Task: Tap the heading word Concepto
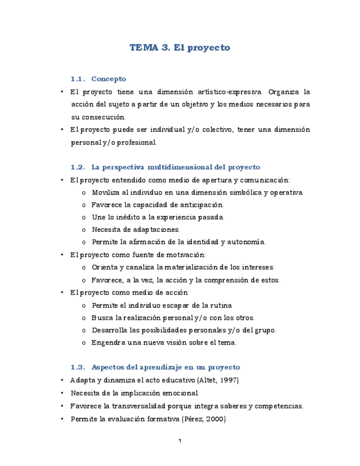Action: click(109, 79)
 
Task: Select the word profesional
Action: click(135, 142)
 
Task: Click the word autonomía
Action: click(246, 242)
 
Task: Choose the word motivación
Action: click(185, 254)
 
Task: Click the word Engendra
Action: click(108, 342)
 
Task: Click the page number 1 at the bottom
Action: click(180, 441)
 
